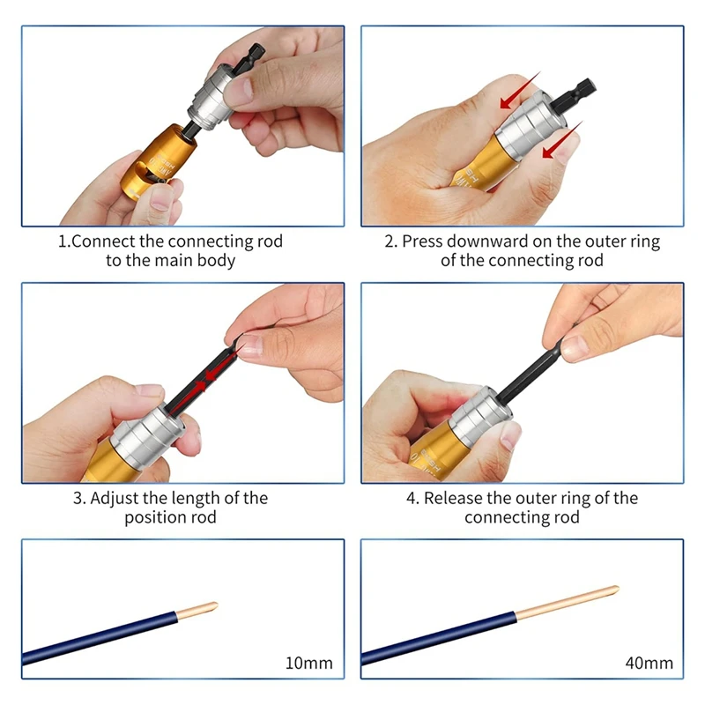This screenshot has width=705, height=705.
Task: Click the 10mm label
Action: coord(309,663)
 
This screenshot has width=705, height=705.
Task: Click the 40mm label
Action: coord(649,663)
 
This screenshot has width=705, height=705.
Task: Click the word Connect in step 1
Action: coord(103,241)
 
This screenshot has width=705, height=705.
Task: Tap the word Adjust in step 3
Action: coord(115,499)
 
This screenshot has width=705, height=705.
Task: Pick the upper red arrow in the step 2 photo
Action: coord(520,91)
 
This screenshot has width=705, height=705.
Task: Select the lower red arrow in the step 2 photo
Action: coord(562,140)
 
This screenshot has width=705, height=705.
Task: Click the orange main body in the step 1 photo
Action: coord(159,160)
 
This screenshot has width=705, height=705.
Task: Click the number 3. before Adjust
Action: coord(79,499)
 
